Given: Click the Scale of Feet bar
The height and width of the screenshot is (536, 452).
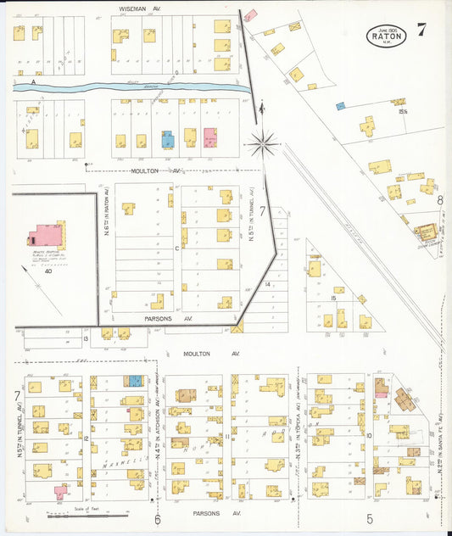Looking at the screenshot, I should pyautogui.click(x=88, y=512).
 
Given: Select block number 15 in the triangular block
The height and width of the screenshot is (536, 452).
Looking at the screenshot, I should pyautogui.click(x=334, y=299).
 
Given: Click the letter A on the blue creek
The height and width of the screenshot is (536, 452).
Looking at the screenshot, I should pyautogui.click(x=33, y=81).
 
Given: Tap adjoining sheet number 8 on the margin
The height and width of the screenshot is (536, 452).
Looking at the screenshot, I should pyautogui.click(x=440, y=200).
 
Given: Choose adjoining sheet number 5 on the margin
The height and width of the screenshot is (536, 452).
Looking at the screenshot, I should pyautogui.click(x=370, y=518).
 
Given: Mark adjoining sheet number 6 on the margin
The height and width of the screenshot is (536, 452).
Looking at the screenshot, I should pyautogui.click(x=158, y=518).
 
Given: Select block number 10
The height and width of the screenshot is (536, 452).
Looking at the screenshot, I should pyautogui.click(x=369, y=436).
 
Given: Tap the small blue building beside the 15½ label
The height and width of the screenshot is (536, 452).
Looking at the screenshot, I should pyautogui.click(x=340, y=106).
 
